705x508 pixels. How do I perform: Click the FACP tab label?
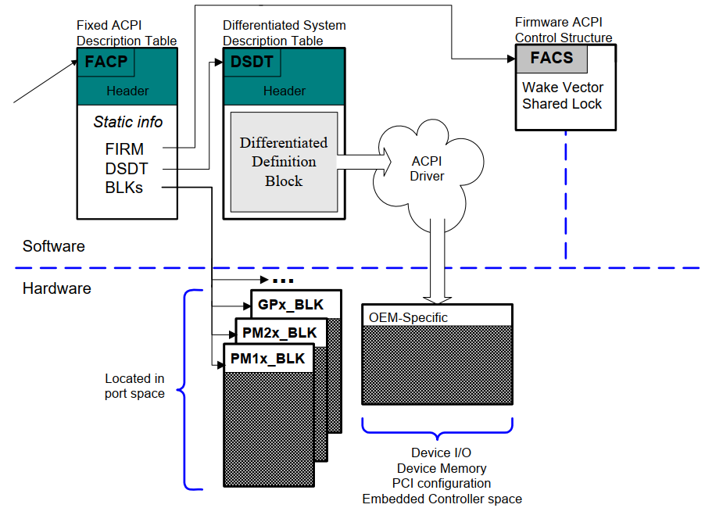106,62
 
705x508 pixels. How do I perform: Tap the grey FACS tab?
551,59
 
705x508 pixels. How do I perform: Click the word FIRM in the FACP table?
124,148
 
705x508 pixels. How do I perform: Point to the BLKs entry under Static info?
124,188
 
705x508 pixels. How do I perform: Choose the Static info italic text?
128,122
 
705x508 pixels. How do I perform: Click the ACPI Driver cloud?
427,168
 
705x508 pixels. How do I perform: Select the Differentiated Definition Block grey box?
284,162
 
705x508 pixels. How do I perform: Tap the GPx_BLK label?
290,305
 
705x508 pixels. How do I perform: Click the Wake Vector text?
563,88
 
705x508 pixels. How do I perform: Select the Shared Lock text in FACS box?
562,104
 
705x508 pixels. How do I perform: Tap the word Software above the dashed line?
53,246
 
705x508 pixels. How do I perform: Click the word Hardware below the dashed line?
56,288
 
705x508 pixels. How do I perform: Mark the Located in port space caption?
134,386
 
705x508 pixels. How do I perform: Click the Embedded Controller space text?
442,499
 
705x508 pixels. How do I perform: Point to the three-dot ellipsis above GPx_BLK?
282,280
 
